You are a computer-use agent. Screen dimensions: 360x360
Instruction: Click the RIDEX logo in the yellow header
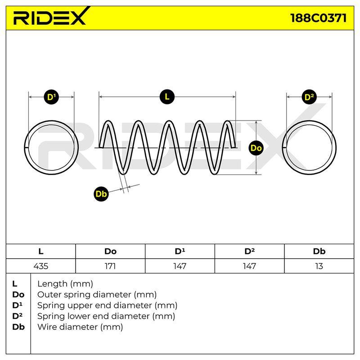(x=51, y=16)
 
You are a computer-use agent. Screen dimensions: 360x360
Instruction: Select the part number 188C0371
(x=318, y=18)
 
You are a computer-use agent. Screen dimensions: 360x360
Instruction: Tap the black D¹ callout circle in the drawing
(x=51, y=97)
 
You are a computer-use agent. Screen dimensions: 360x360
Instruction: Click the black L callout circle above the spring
(x=167, y=97)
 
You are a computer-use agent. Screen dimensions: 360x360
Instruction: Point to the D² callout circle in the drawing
(x=309, y=97)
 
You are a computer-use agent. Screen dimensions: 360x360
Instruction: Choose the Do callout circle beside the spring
(x=256, y=148)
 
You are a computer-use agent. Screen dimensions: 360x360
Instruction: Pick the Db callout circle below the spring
(x=101, y=194)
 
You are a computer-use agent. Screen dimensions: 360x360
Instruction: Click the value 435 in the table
(x=40, y=266)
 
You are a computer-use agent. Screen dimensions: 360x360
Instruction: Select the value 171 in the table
(x=110, y=266)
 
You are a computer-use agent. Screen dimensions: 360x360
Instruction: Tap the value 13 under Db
(x=319, y=266)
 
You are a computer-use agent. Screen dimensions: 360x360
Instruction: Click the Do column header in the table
(x=110, y=252)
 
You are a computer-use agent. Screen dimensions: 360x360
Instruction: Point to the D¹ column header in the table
(x=180, y=251)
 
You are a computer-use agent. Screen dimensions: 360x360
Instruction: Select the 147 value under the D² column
(x=249, y=266)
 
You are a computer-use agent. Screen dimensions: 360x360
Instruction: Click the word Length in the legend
(x=53, y=284)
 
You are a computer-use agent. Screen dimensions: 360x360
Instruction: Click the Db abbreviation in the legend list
(x=18, y=327)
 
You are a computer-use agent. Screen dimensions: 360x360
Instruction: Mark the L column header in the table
(x=40, y=252)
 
